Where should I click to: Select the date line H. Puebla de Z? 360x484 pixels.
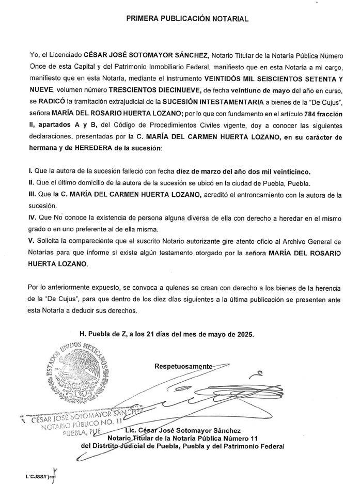click(x=167, y=335)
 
